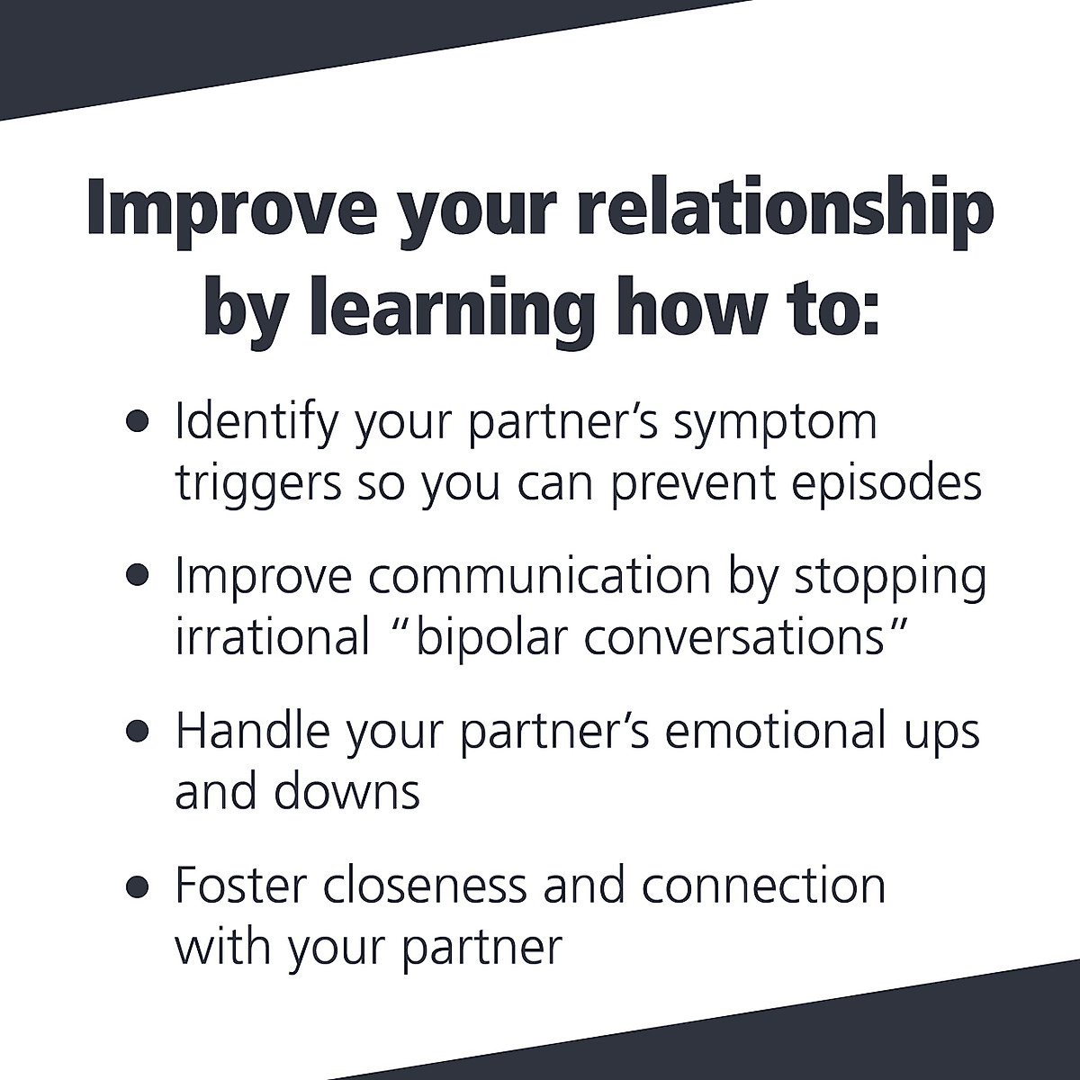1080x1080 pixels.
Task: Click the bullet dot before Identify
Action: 137,423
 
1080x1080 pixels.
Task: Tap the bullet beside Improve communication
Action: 137,577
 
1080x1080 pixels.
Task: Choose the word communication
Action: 539,577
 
